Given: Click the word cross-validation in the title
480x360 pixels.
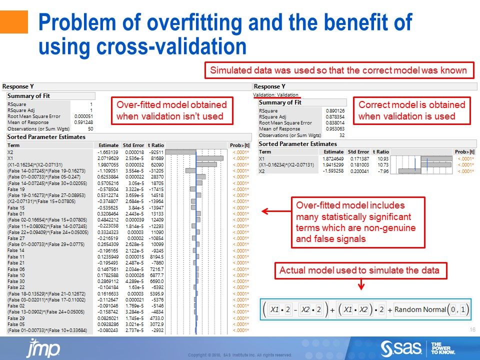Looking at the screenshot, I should click(143, 46).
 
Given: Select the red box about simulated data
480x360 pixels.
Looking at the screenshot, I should click(338, 70).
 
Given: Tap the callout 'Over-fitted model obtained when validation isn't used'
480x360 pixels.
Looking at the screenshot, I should click(171, 110).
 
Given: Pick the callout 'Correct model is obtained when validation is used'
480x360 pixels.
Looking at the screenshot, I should click(412, 110).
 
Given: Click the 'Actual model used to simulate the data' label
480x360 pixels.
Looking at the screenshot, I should click(359, 270).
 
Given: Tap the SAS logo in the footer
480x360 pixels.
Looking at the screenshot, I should click(399, 347).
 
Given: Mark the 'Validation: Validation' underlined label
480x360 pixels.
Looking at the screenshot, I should click(276, 94).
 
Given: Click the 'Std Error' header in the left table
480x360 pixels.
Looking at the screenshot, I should click(133, 145).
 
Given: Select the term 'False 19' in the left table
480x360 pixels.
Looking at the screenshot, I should click(16, 189).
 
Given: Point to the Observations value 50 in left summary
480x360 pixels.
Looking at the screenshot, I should click(90, 128).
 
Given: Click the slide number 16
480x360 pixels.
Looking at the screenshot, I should click(472, 329).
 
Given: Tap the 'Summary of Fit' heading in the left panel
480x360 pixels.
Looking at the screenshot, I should click(28, 96).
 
